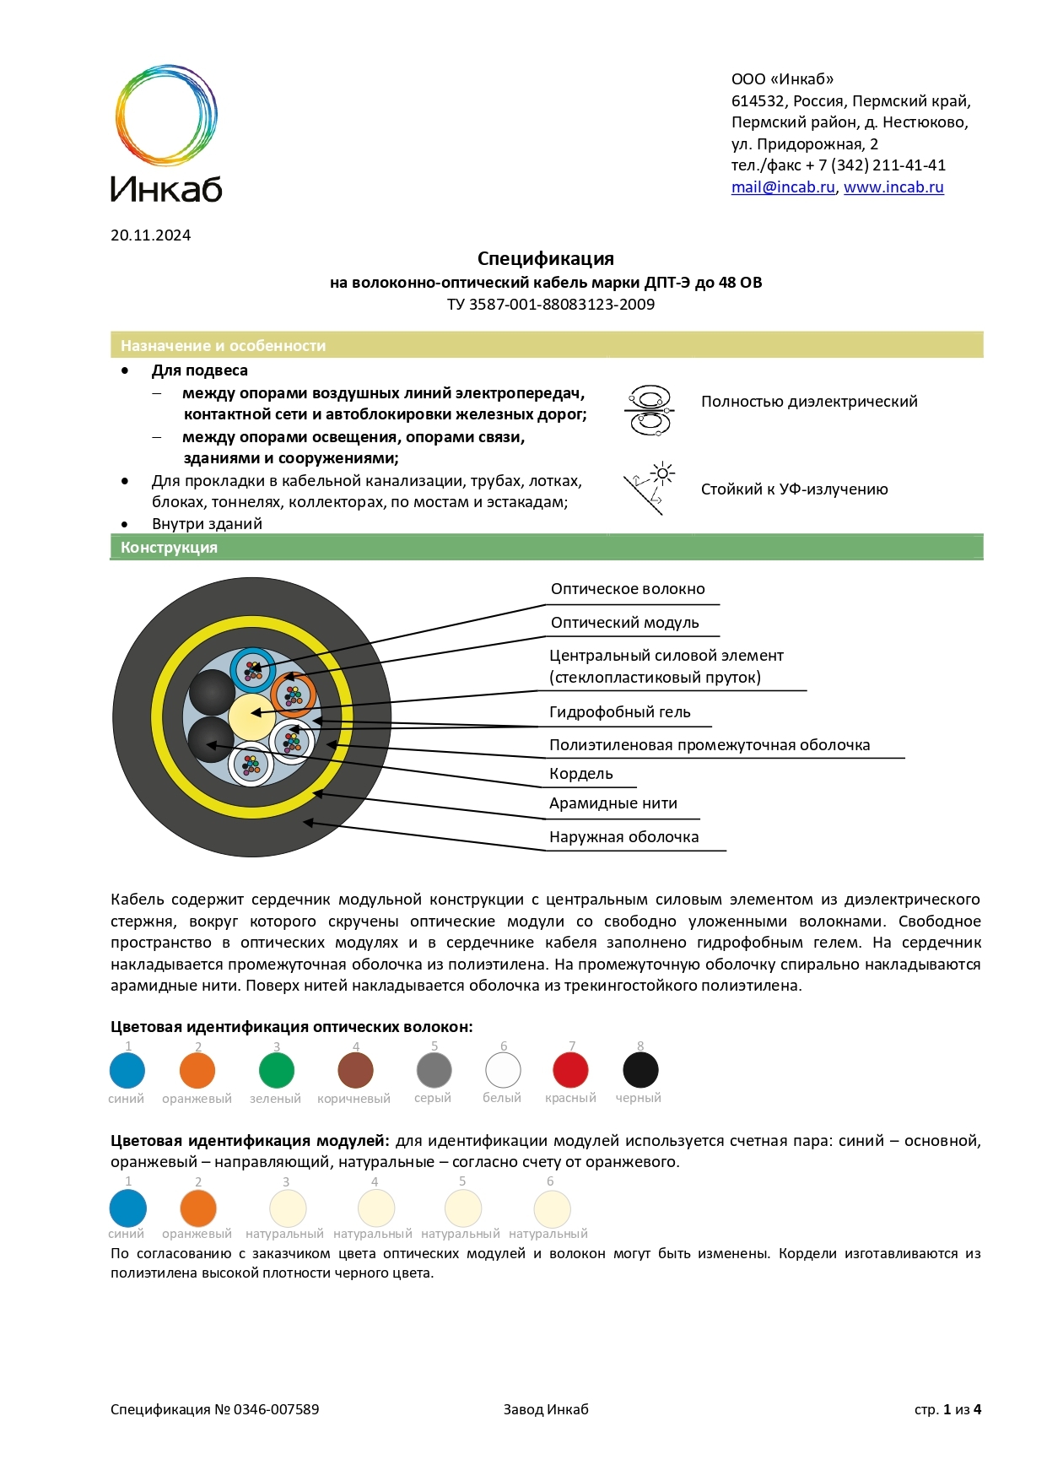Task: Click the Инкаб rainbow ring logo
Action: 166,115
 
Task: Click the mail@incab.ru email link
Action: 782,187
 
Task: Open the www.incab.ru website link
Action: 893,187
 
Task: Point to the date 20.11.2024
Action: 150,235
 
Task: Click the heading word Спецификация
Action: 545,259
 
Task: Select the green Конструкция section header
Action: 546,548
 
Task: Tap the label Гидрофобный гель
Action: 619,712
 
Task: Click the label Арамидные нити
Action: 613,803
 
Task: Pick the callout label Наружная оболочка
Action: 623,837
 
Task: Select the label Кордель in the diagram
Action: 580,774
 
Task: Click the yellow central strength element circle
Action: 251,716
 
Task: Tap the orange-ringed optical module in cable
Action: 294,695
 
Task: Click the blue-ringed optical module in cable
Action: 253,670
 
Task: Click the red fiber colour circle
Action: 570,1071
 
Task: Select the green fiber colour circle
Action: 276,1071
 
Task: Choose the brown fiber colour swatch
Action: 355,1071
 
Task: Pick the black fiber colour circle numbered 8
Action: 640,1071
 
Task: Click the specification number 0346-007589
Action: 276,1409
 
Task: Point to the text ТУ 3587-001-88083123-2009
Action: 550,305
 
